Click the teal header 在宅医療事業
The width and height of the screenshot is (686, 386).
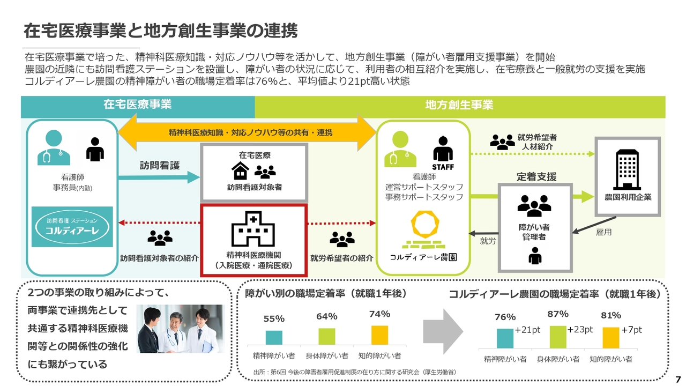coord(138,105)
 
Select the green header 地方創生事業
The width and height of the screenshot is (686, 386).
coord(460,105)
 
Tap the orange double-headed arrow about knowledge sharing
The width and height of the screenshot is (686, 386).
coord(247,132)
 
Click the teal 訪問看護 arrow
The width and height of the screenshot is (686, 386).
coord(159,177)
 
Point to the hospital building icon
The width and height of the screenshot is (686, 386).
coord(253,229)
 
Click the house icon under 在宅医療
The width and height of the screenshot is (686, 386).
coord(240,171)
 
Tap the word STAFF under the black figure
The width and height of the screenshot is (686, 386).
coord(443,167)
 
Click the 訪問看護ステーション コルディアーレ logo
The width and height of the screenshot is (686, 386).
coord(72,227)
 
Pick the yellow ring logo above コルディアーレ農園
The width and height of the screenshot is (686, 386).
coord(425,225)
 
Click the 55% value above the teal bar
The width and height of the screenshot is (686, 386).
coord(274,319)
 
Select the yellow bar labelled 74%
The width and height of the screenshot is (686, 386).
coord(379,335)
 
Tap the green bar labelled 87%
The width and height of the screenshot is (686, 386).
coord(558,337)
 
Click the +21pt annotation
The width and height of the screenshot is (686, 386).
coord(527,330)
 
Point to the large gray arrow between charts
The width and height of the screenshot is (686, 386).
coord(443,331)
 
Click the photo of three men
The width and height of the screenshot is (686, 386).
coord(181,329)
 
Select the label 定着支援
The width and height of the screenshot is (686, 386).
coord(536,177)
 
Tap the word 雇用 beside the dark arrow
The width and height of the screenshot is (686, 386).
coord(603,232)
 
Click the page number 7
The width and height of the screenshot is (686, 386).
coord(678,380)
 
